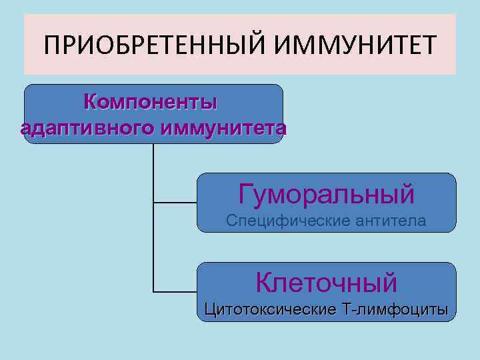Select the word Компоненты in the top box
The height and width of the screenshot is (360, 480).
pos(151,103)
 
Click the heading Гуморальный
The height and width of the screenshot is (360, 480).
pos(326,194)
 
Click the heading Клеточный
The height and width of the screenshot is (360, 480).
pos(326,282)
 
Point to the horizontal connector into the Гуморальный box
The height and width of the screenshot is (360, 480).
pos(175,202)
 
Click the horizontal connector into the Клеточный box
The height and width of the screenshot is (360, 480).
pos(175,292)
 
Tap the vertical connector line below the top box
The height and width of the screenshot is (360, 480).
pos(153,173)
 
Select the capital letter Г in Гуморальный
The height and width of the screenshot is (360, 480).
pos(246,194)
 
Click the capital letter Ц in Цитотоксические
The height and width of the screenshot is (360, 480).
pos(211,309)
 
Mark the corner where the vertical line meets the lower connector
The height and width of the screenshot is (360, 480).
pos(153,292)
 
